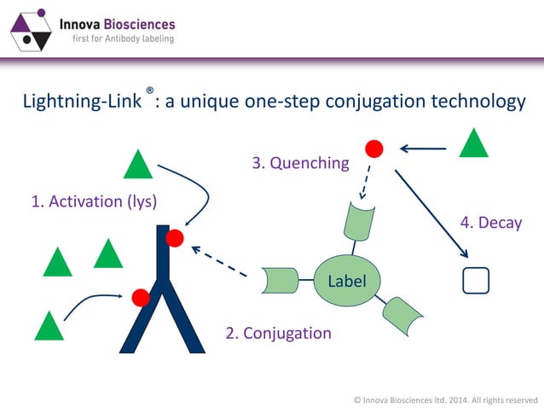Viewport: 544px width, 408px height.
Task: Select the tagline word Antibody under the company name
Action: coord(119,38)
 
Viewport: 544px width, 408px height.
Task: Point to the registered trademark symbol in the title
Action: coord(150,90)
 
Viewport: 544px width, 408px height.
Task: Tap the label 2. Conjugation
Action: coord(278,333)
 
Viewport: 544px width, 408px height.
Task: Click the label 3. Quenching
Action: coord(300,162)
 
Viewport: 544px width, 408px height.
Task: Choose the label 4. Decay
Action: coord(490,223)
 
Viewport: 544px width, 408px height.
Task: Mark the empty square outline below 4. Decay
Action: coord(475,280)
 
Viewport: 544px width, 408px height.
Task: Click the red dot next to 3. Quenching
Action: coord(373,149)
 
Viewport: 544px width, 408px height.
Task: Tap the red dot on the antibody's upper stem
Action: coord(175,238)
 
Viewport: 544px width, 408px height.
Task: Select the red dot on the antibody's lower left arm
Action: coord(141,297)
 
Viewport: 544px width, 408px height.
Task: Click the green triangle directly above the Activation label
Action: coord(137,164)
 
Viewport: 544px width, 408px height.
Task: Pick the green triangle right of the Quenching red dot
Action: coord(473,143)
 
